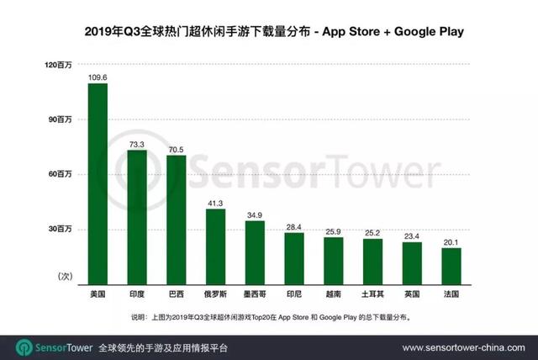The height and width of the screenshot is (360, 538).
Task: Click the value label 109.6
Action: click(x=98, y=77)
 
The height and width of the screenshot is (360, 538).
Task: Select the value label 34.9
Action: click(x=255, y=214)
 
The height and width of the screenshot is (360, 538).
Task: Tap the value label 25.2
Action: click(x=372, y=231)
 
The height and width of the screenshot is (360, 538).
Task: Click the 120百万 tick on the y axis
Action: click(x=61, y=65)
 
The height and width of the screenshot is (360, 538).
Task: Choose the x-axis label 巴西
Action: click(x=177, y=295)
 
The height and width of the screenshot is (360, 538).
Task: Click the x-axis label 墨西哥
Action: click(x=255, y=295)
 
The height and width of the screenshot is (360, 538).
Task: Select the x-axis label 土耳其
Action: click(x=372, y=295)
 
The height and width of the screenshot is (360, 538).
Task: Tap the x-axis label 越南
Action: click(x=334, y=295)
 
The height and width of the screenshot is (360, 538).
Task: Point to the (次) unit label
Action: click(x=66, y=275)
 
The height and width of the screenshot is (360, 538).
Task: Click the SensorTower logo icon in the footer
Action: click(x=24, y=347)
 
